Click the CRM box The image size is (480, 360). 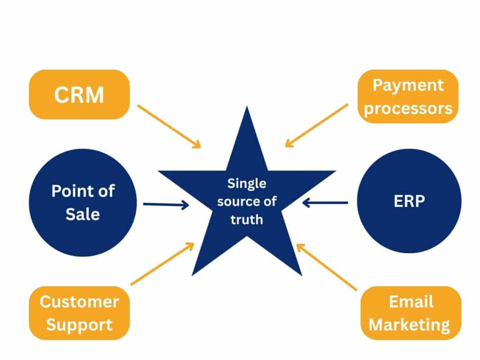[79, 94]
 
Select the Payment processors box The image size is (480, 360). [408, 97]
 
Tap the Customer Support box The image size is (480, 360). [79, 313]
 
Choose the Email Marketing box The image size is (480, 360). [411, 313]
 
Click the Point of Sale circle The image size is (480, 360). [83, 202]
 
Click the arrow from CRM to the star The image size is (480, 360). [169, 126]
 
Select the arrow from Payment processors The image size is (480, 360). [316, 125]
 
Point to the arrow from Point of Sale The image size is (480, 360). [165, 204]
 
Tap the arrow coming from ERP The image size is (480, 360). [325, 202]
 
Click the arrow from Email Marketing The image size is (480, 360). [327, 266]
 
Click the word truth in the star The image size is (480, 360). [247, 219]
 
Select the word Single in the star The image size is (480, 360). [247, 184]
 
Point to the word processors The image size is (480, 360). [408, 108]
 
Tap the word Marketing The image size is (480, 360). [410, 324]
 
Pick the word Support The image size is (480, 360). [79, 324]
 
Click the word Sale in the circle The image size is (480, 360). [83, 215]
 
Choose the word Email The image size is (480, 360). [411, 301]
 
